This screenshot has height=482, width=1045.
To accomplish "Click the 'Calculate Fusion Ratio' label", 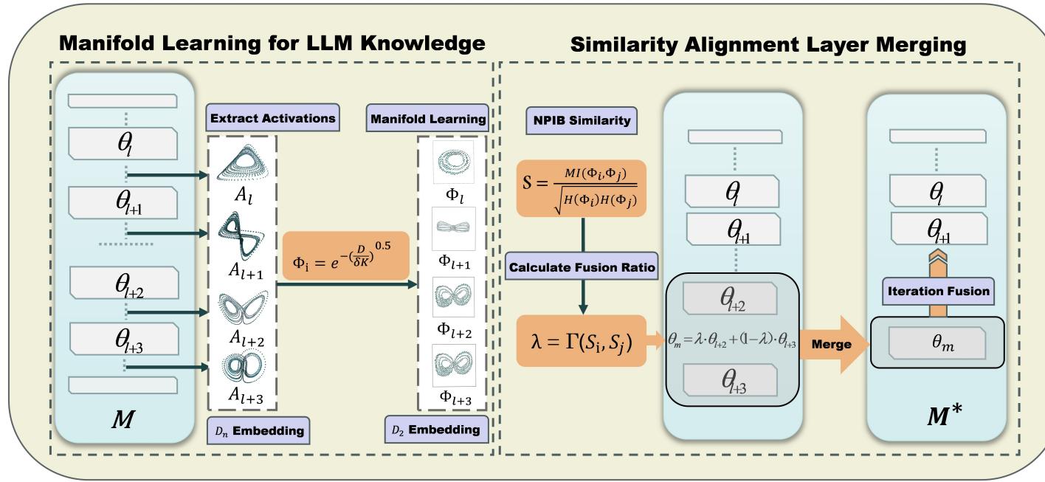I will [x=582, y=268].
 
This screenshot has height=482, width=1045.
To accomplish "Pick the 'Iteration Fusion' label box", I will [x=937, y=290].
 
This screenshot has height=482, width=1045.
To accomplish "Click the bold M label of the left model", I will [x=123, y=420].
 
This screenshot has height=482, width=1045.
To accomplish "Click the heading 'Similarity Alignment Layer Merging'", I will [x=768, y=45].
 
